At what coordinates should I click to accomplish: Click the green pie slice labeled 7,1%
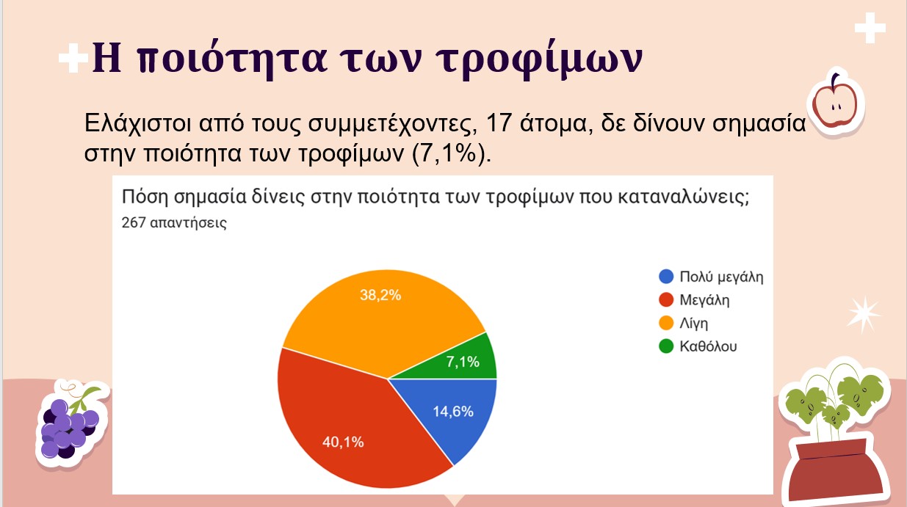tap(466, 360)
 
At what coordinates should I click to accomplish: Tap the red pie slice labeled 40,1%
tap(348, 429)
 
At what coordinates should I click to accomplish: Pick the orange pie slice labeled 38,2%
tap(380, 312)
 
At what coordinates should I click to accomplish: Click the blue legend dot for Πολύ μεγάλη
tap(666, 277)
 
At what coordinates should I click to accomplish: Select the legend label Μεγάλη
tap(704, 300)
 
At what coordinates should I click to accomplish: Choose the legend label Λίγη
tap(693, 324)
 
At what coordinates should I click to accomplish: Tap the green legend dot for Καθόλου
tap(666, 346)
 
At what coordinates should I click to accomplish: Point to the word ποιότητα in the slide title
tap(231, 59)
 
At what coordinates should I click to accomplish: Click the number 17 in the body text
tap(498, 123)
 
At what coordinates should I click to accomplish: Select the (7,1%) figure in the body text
tap(451, 154)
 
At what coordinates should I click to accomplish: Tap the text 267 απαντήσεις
tap(174, 222)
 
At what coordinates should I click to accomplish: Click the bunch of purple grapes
tap(70, 426)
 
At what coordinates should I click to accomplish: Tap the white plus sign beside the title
tap(73, 58)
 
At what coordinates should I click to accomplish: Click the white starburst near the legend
tap(863, 314)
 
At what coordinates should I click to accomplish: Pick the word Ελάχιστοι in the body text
tap(137, 123)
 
